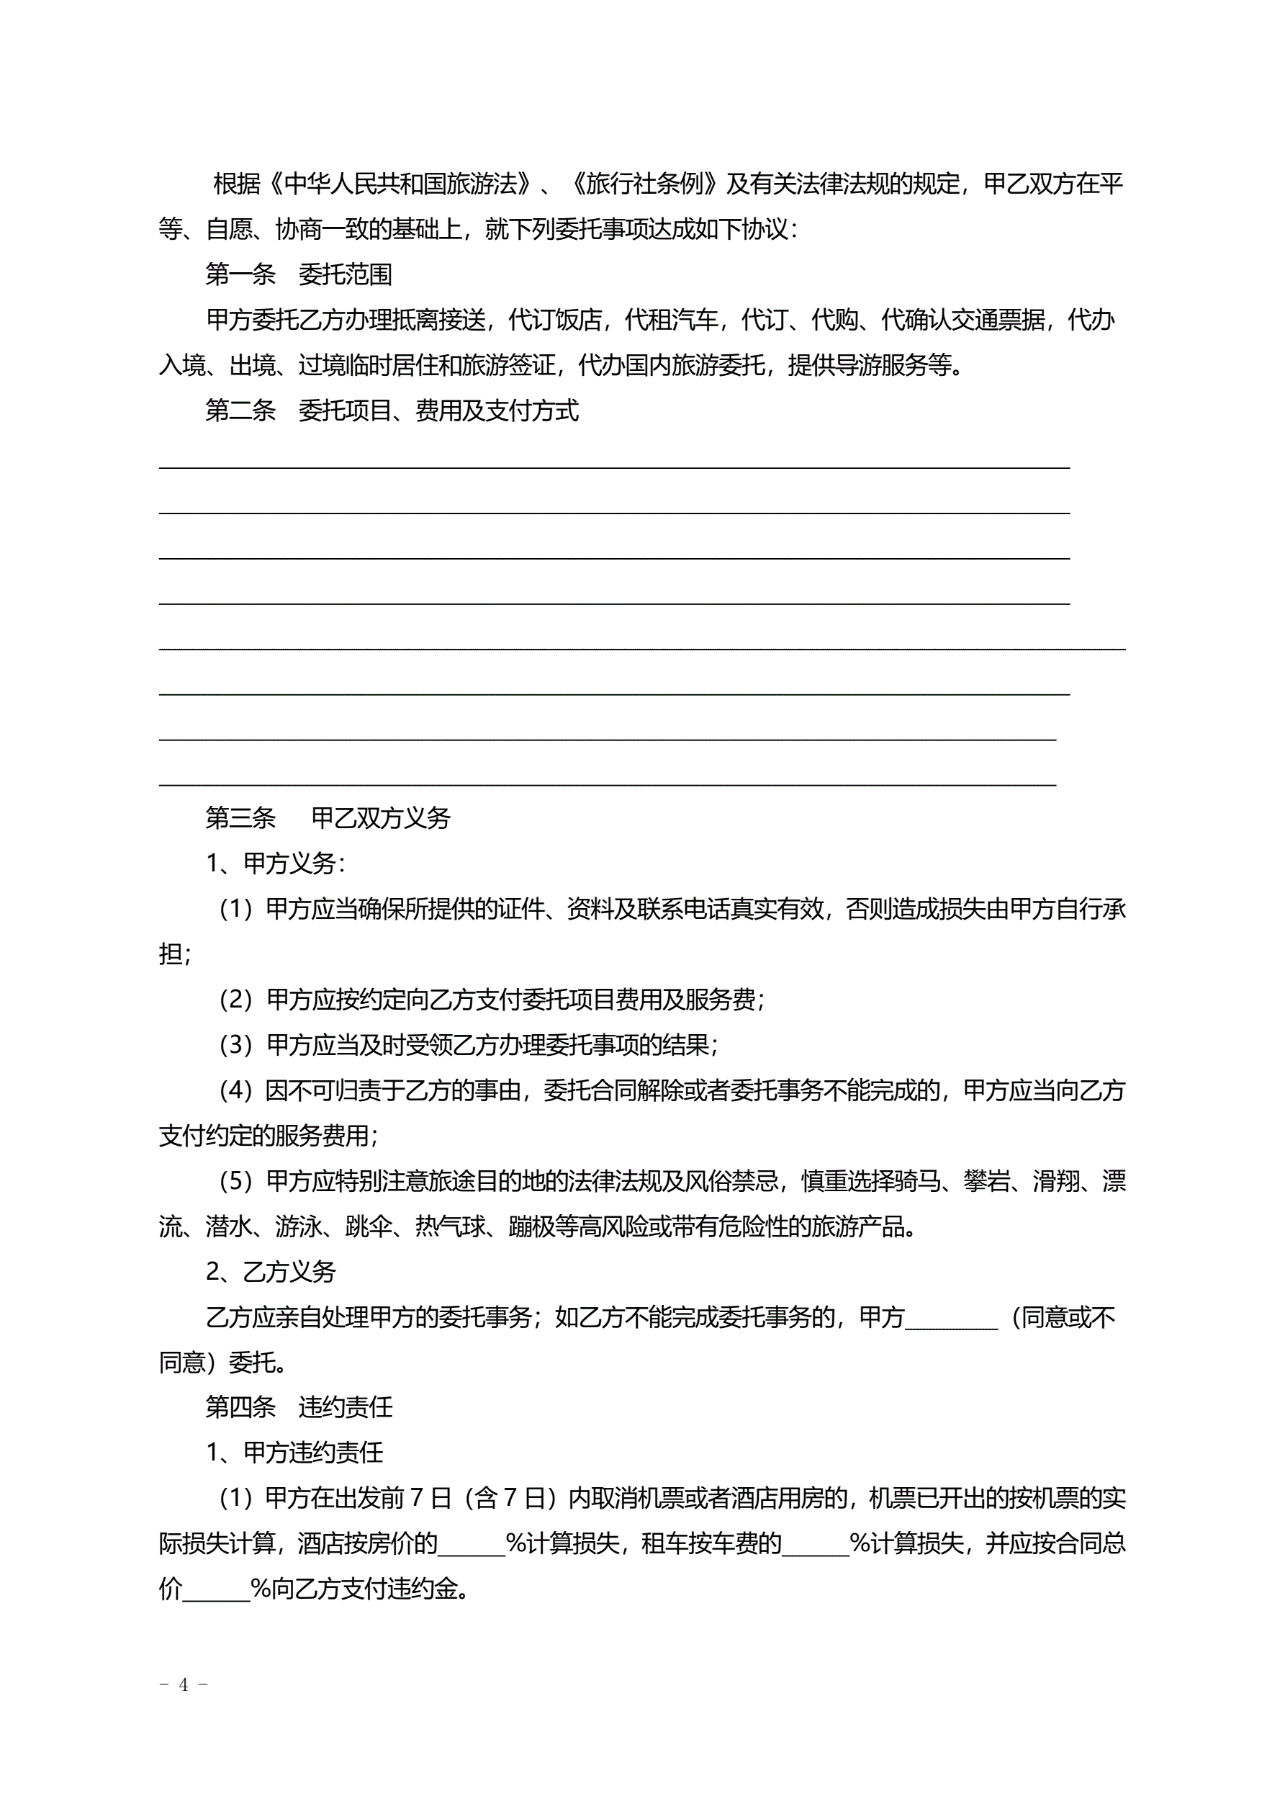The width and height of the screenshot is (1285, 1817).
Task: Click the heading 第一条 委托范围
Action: [298, 274]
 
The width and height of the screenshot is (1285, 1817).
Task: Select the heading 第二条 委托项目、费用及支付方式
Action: [392, 410]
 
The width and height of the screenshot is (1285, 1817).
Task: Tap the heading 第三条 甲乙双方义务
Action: [328, 817]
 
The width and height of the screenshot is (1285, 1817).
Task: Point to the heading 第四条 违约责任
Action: [298, 1407]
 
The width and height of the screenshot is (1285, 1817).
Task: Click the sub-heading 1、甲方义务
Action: [274, 863]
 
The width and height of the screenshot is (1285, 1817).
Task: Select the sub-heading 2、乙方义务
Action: [271, 1271]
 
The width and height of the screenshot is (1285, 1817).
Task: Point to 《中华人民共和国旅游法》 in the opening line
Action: [399, 184]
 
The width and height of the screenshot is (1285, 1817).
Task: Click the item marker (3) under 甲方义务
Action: [235, 1046]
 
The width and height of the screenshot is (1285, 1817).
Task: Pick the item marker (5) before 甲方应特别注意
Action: [235, 1182]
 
